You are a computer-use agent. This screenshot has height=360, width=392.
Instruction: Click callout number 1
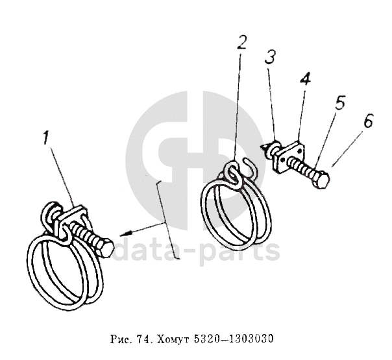45,138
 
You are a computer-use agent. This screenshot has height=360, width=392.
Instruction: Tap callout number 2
241,42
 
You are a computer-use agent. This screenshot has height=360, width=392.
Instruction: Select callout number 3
270,56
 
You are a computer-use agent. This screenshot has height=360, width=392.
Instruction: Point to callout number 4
306,79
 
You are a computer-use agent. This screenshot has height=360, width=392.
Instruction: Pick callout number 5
340,102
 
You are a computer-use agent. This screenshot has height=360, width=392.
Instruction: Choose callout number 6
368,121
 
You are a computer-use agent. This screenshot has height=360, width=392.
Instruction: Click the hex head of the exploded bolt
321,179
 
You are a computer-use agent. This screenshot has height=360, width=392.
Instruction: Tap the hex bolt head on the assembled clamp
106,248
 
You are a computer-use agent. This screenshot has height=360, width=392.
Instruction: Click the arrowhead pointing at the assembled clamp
125,234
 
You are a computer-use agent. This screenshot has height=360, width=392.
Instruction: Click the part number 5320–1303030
234,339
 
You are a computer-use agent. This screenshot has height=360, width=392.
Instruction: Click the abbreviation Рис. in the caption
121,339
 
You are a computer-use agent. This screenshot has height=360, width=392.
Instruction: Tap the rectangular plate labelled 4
289,156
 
